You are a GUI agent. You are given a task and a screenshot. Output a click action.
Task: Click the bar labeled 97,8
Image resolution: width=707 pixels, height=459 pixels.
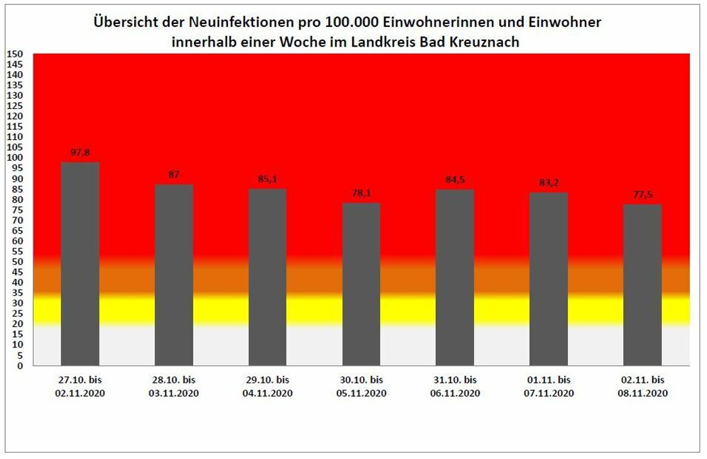80,264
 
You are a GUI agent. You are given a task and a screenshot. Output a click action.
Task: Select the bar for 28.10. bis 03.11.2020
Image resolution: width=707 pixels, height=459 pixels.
174,275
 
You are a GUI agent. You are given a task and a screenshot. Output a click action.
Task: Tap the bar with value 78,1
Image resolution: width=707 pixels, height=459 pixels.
361,284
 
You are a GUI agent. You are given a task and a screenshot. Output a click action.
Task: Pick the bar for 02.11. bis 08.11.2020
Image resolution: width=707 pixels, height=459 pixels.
642,285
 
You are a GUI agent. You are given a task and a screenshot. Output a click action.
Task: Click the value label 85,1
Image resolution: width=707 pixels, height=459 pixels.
268,179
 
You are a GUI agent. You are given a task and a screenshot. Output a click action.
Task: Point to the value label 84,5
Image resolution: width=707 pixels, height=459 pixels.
455,180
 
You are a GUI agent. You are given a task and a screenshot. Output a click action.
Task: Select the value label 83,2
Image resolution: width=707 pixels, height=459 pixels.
548,183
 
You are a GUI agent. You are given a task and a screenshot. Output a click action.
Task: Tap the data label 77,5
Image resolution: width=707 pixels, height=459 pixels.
642,195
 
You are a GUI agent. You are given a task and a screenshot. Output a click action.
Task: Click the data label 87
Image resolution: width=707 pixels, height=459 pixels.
174,174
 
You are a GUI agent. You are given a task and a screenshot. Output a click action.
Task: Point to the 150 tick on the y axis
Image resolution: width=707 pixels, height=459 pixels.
14,54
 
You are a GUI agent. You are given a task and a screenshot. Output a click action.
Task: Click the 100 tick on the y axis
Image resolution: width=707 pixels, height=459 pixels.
14,157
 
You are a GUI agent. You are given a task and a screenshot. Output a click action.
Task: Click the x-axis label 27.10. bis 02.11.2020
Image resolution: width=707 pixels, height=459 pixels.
80,387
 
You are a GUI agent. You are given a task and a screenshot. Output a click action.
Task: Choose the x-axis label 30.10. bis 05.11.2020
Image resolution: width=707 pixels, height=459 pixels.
361,387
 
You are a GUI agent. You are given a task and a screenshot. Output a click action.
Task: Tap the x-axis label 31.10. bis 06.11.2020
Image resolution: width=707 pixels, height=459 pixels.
455,387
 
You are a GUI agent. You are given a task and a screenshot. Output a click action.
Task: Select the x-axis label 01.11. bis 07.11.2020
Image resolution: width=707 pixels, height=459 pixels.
548,387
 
